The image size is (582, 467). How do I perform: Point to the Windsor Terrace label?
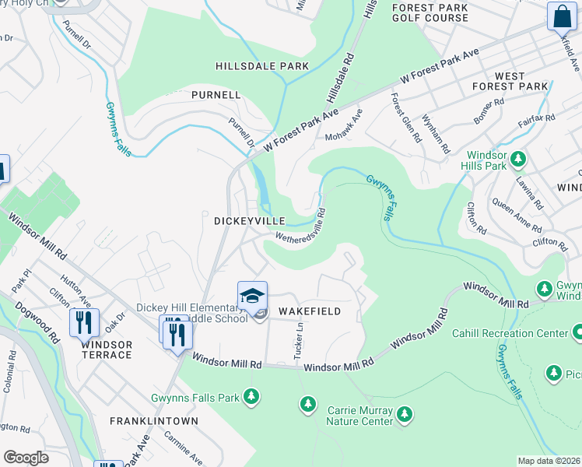(x=106, y=349)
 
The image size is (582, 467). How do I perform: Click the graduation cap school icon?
(x=252, y=296)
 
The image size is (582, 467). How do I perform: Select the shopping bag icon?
(x=562, y=16)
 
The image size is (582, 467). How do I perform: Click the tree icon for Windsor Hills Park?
(x=517, y=160)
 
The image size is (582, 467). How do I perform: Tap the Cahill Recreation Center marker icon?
(x=577, y=333)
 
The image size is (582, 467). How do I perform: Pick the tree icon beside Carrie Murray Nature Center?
(x=404, y=414)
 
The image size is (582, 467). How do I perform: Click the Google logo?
(x=26, y=458)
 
